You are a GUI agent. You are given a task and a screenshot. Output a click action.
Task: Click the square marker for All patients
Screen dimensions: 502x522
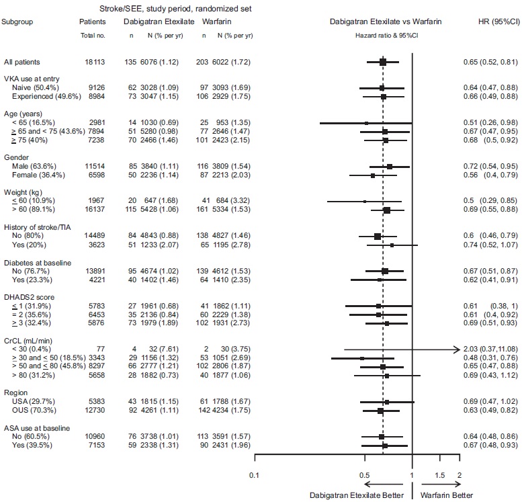(382, 62)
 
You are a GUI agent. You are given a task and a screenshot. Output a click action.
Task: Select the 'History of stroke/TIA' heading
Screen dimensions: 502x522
(39, 227)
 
